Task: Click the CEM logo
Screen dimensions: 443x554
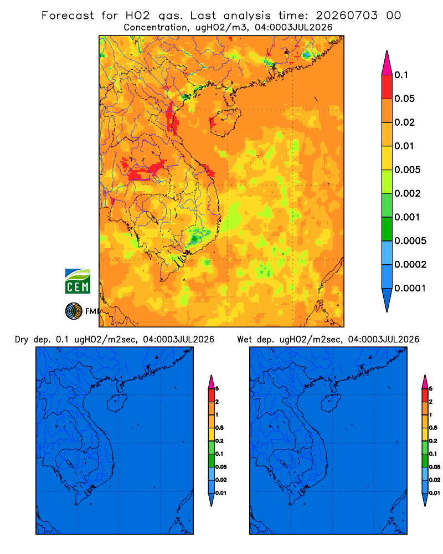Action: coord(78,281)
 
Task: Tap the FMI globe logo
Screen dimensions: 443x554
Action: coord(74,311)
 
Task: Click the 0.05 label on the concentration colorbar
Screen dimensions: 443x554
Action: coord(404,99)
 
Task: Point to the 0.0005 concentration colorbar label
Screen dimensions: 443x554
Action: coord(410,241)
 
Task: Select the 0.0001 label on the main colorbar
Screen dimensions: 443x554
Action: coord(410,288)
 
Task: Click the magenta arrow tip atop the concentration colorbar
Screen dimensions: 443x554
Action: coord(387,63)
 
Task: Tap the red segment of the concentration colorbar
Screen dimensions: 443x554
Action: coord(387,87)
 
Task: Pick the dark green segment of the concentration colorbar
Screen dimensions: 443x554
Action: coord(387,229)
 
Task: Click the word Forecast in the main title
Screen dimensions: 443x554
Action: coord(68,16)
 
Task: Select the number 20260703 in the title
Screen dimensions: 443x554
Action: coord(347,16)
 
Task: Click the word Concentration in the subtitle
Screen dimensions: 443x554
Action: coord(156,28)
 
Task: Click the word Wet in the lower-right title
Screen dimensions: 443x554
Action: coord(244,340)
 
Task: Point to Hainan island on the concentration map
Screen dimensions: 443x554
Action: coord(225,122)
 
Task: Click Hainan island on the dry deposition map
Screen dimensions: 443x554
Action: coord(117,403)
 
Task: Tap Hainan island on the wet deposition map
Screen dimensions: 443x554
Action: coord(331,403)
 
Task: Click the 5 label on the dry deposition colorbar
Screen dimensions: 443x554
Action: coord(217,389)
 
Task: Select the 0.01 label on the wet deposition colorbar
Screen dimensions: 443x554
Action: coord(435,493)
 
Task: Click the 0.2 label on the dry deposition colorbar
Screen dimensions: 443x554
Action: coord(219,441)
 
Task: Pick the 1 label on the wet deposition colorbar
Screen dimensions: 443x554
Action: coord(431,415)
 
